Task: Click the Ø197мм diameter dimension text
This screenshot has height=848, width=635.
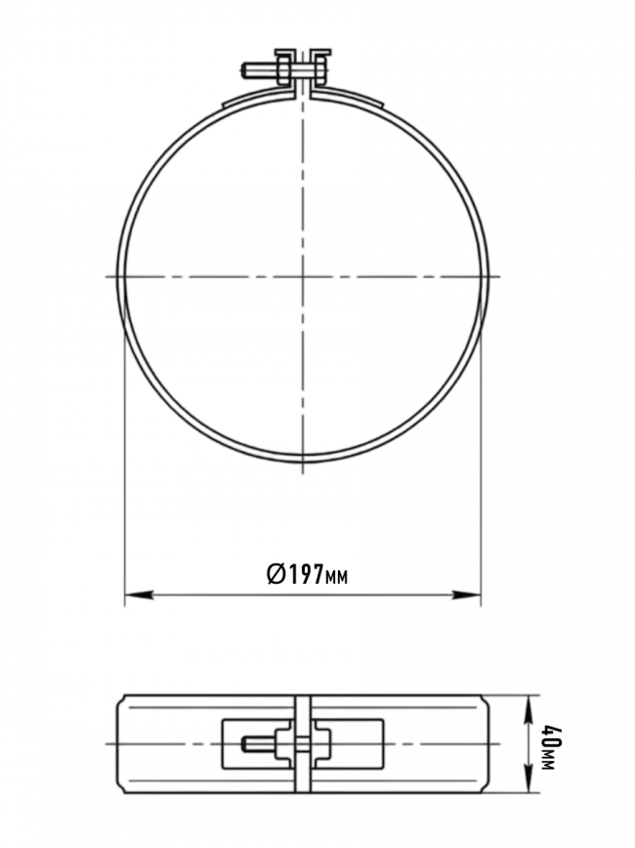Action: (x=307, y=574)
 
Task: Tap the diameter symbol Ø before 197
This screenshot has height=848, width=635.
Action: (x=275, y=574)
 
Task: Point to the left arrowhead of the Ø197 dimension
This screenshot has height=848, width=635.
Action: (x=138, y=595)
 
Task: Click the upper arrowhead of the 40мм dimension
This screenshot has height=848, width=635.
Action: (x=529, y=706)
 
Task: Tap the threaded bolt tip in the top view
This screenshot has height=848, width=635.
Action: (x=244, y=71)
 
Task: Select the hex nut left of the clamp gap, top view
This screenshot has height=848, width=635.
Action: (x=282, y=71)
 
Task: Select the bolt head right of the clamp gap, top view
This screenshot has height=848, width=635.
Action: (x=321, y=71)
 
